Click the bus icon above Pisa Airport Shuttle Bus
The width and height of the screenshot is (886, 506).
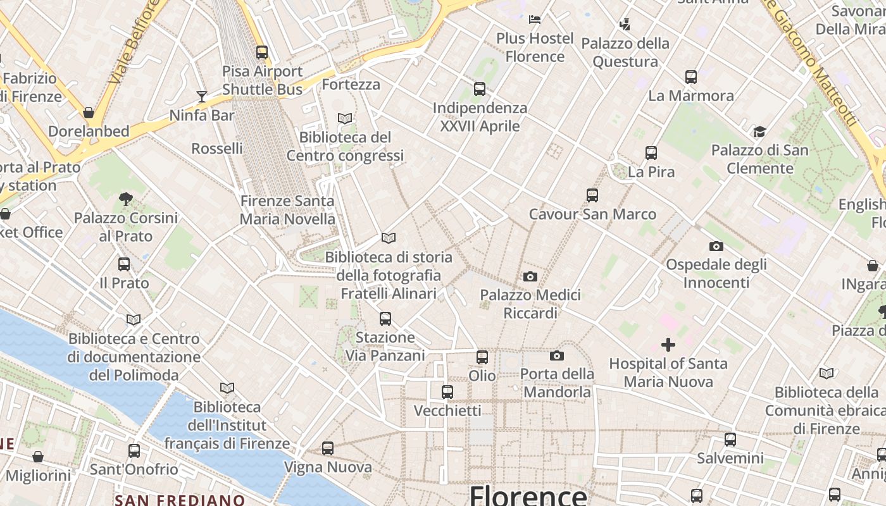(x=261, y=52)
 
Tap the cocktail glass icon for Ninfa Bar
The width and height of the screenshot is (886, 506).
(x=202, y=97)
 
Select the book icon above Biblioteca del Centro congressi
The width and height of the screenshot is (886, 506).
(x=344, y=118)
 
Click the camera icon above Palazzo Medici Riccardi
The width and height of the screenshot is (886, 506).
(x=530, y=276)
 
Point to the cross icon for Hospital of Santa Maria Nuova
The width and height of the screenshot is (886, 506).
(x=668, y=345)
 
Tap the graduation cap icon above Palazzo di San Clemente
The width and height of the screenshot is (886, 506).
(x=759, y=132)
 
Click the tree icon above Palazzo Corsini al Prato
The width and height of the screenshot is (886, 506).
(x=125, y=199)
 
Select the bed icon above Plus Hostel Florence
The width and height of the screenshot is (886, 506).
(x=535, y=19)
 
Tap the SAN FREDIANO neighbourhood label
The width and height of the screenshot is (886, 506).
(x=180, y=500)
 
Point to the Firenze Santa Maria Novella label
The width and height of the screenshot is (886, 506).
(x=287, y=210)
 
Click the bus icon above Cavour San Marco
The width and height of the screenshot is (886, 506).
(x=592, y=195)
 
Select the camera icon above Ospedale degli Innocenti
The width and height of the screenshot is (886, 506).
(x=716, y=246)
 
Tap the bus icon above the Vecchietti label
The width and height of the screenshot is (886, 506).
(x=447, y=392)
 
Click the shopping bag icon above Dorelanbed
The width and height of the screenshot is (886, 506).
(x=89, y=113)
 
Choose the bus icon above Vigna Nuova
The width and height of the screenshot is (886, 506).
(x=327, y=448)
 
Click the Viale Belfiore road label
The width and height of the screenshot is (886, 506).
(x=132, y=43)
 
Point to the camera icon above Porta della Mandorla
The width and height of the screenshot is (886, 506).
(x=557, y=355)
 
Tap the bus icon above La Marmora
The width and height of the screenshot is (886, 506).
(x=690, y=77)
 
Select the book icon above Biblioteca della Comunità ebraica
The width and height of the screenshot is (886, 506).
(x=827, y=374)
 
